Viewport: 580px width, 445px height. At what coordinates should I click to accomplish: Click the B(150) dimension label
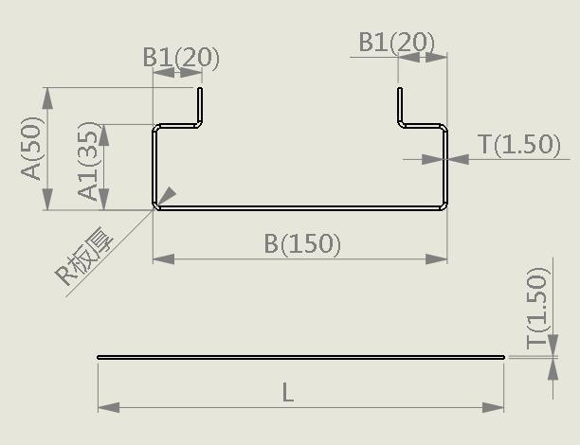pyautogui.click(x=302, y=243)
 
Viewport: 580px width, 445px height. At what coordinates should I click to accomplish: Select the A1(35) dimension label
pyautogui.click(x=89, y=161)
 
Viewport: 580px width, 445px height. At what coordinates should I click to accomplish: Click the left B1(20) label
pyautogui.click(x=181, y=58)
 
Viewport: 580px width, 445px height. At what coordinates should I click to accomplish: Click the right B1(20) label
pyautogui.click(x=397, y=43)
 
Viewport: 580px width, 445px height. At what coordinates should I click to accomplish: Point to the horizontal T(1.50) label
pyautogui.click(x=519, y=144)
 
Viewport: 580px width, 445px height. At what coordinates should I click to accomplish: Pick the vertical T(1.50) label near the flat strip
pyautogui.click(x=537, y=308)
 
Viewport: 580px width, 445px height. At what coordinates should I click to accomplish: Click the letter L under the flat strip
pyautogui.click(x=288, y=392)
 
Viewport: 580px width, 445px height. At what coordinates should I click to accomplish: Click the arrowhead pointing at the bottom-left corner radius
pyautogui.click(x=168, y=195)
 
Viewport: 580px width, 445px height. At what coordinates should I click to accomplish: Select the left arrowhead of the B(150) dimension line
pyautogui.click(x=164, y=259)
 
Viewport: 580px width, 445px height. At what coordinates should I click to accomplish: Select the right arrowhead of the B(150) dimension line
pyautogui.click(x=437, y=259)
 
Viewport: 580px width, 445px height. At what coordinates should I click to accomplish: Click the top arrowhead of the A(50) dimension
pyautogui.click(x=47, y=98)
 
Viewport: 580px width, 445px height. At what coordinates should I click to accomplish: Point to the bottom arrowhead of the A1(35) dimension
pyautogui.click(x=104, y=199)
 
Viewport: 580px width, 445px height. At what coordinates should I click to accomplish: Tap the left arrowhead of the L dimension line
pyautogui.click(x=109, y=408)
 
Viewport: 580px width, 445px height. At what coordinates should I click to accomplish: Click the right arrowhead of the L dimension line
pyautogui.click(x=494, y=408)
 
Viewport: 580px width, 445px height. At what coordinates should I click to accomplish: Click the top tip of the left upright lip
pyautogui.click(x=200, y=88)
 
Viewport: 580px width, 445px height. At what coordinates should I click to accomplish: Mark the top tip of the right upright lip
pyautogui.click(x=400, y=88)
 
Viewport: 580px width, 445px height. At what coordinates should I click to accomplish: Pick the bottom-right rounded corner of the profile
pyautogui.click(x=444, y=205)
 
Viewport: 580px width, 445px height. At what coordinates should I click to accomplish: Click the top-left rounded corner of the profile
pyautogui.click(x=156, y=128)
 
